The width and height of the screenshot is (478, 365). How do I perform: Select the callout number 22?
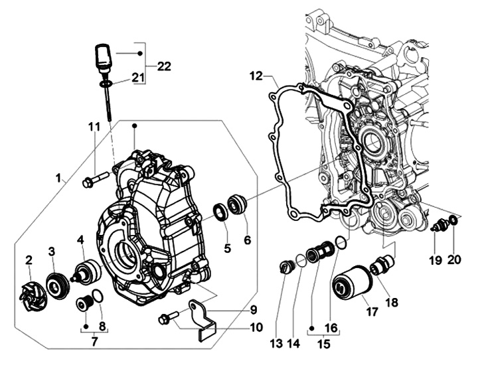(x=164, y=66)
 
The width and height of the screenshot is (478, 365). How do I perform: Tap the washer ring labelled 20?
(x=453, y=220)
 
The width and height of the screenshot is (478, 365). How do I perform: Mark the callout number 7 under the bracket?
(x=94, y=341)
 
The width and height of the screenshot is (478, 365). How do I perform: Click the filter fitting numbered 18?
(x=382, y=264)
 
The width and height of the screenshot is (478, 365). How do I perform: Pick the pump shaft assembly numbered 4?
(x=87, y=271)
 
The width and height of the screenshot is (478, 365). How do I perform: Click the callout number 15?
(x=323, y=344)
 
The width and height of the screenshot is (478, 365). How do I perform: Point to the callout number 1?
(x=58, y=179)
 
